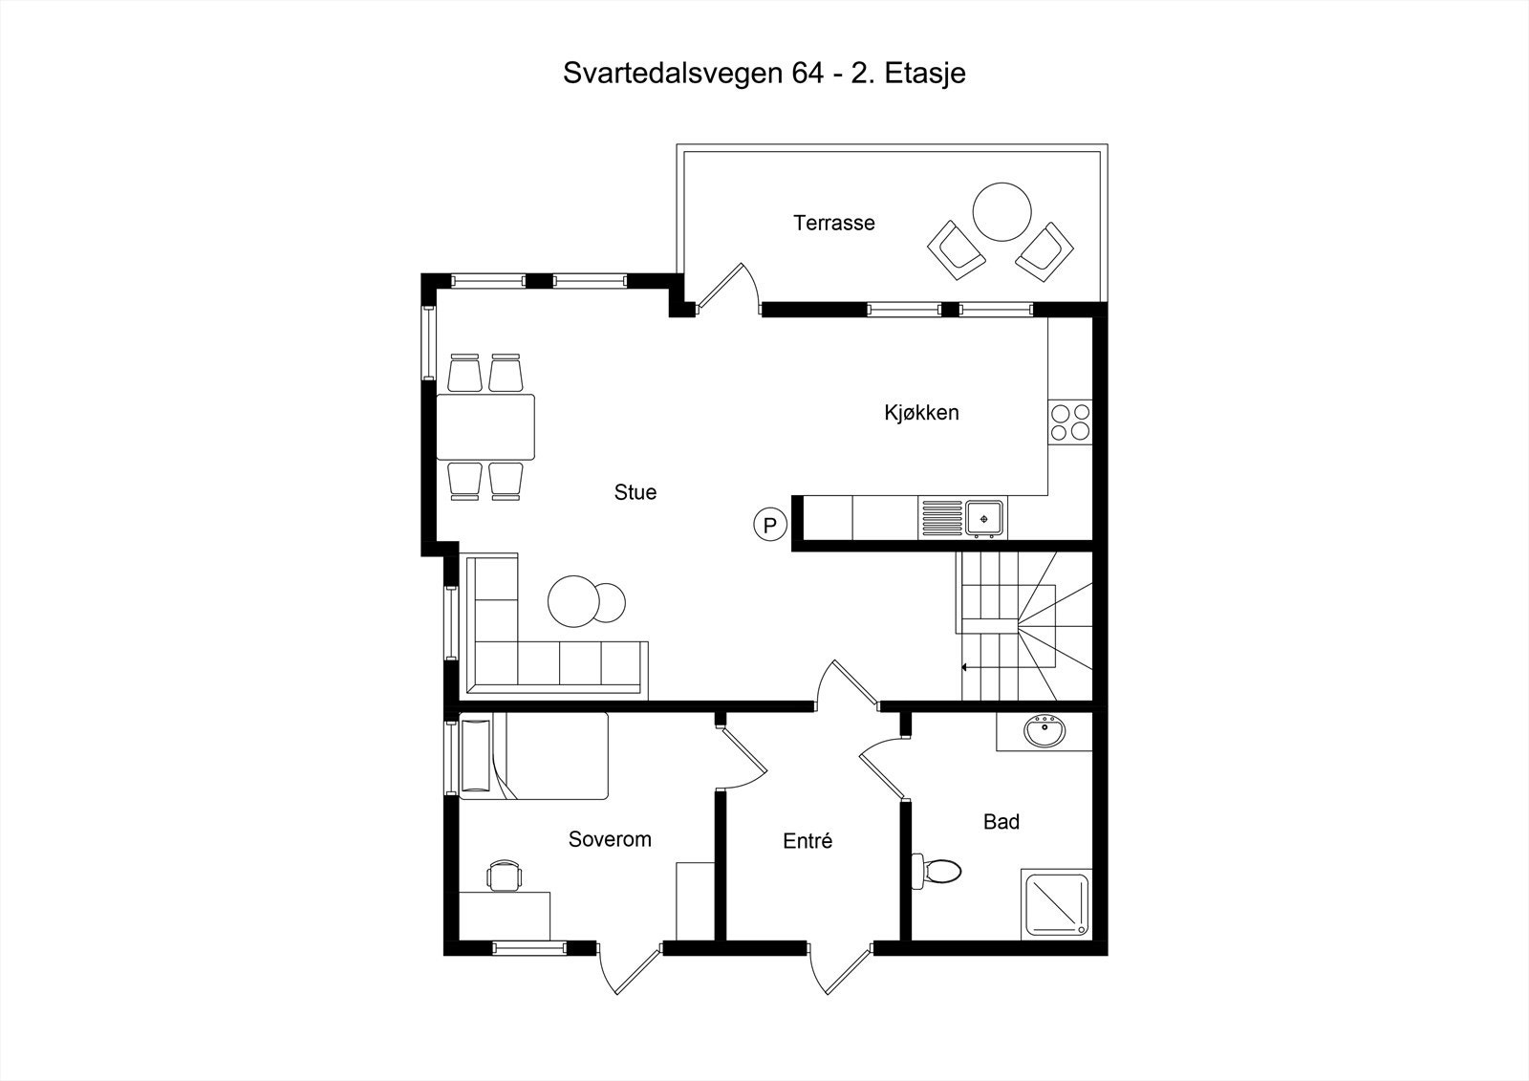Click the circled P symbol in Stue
[770, 525]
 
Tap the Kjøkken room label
[920, 413]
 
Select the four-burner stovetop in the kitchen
[1069, 422]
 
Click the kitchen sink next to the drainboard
[983, 518]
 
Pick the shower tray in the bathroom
[1055, 903]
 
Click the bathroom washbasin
[1044, 733]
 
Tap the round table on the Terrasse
[1001, 212]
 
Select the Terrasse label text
[833, 223]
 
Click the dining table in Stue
[485, 426]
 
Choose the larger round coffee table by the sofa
[571, 601]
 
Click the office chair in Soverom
[505, 875]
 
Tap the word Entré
[808, 841]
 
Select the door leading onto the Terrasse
[728, 287]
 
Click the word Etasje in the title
[925, 74]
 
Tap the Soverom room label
[610, 839]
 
